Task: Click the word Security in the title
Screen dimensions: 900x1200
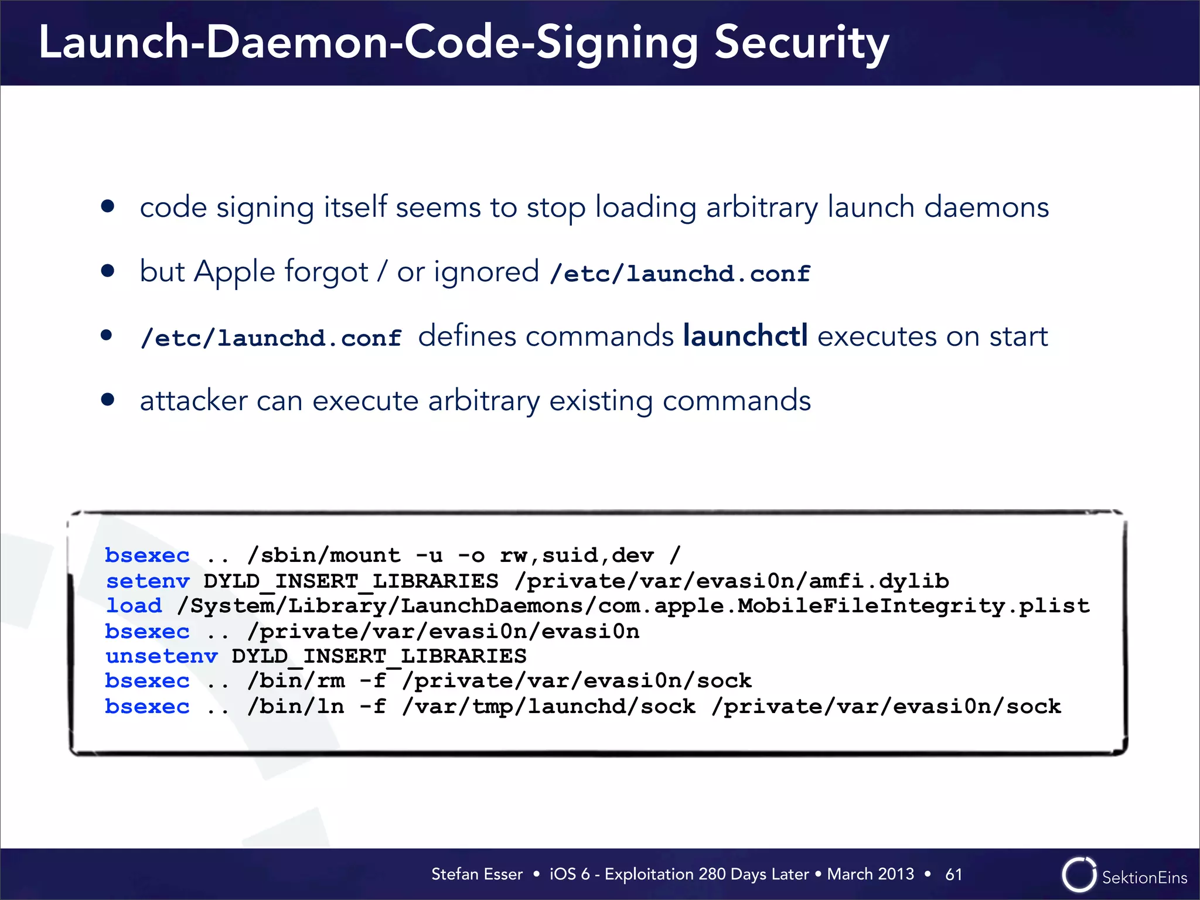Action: click(801, 44)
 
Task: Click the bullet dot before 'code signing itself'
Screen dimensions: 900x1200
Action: click(107, 206)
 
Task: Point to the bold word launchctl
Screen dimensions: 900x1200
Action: click(745, 336)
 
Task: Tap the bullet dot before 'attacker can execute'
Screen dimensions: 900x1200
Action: click(107, 400)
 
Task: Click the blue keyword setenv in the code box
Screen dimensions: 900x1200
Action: click(148, 581)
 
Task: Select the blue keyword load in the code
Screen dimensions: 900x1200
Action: click(134, 605)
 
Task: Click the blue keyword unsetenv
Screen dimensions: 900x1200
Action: click(162, 656)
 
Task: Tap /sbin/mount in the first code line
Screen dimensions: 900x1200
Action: click(324, 555)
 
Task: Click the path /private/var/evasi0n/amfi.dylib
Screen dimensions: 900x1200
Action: click(732, 581)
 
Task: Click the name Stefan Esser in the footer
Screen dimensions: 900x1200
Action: click(476, 874)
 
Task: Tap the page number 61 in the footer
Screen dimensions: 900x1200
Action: click(953, 874)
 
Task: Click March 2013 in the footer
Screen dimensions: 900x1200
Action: click(870, 874)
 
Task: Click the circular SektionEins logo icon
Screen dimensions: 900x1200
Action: click(1078, 875)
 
